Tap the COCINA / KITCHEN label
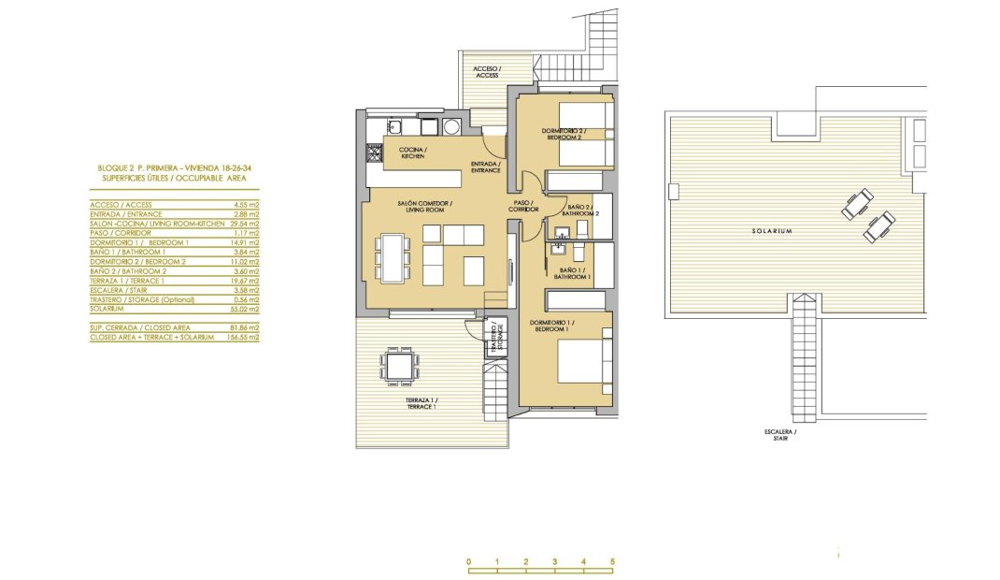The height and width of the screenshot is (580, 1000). (x=413, y=153)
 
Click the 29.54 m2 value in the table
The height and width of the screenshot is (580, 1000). (x=247, y=223)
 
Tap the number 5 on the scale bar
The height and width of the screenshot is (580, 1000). (x=612, y=562)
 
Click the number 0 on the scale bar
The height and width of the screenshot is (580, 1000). (x=468, y=562)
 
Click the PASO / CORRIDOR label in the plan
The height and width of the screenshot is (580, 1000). (x=524, y=206)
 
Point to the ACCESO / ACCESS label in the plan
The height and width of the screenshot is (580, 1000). (x=487, y=72)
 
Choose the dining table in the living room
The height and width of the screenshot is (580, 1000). (x=393, y=255)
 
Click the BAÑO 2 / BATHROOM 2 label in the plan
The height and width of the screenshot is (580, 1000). (x=583, y=210)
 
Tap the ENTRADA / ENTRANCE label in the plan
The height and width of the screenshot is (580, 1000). (x=485, y=167)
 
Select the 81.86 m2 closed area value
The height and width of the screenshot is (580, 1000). (x=247, y=327)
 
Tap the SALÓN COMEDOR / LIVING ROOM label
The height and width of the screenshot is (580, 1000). (x=427, y=207)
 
